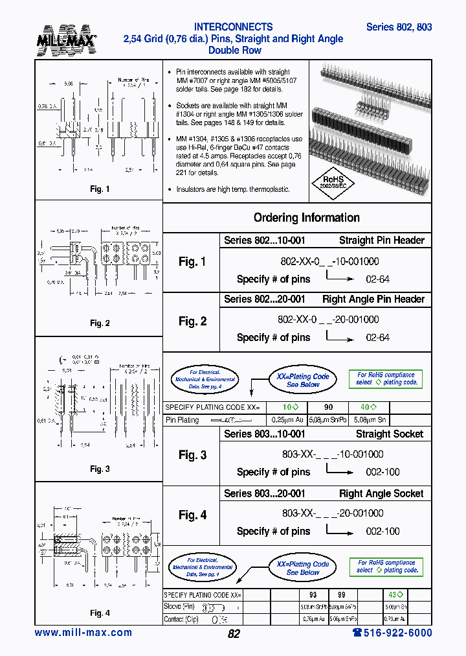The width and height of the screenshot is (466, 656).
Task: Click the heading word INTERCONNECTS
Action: (233, 27)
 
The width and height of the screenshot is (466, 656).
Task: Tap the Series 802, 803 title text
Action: (399, 27)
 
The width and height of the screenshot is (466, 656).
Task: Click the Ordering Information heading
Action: (306, 218)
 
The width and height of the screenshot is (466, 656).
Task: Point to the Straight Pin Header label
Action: (381, 240)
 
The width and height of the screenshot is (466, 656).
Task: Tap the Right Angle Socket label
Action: (381, 494)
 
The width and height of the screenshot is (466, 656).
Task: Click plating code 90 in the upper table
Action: (328, 407)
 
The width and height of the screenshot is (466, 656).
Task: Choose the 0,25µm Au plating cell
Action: (284, 420)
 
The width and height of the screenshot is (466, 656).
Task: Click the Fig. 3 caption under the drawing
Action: (100, 469)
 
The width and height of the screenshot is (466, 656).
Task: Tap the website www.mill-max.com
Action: (83, 633)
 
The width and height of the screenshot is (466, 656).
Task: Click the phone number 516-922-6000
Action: (392, 633)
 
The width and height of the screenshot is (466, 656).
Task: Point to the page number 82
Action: (234, 634)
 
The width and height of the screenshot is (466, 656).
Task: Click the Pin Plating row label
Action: (183, 420)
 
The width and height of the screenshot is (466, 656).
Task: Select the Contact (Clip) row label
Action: (183, 619)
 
